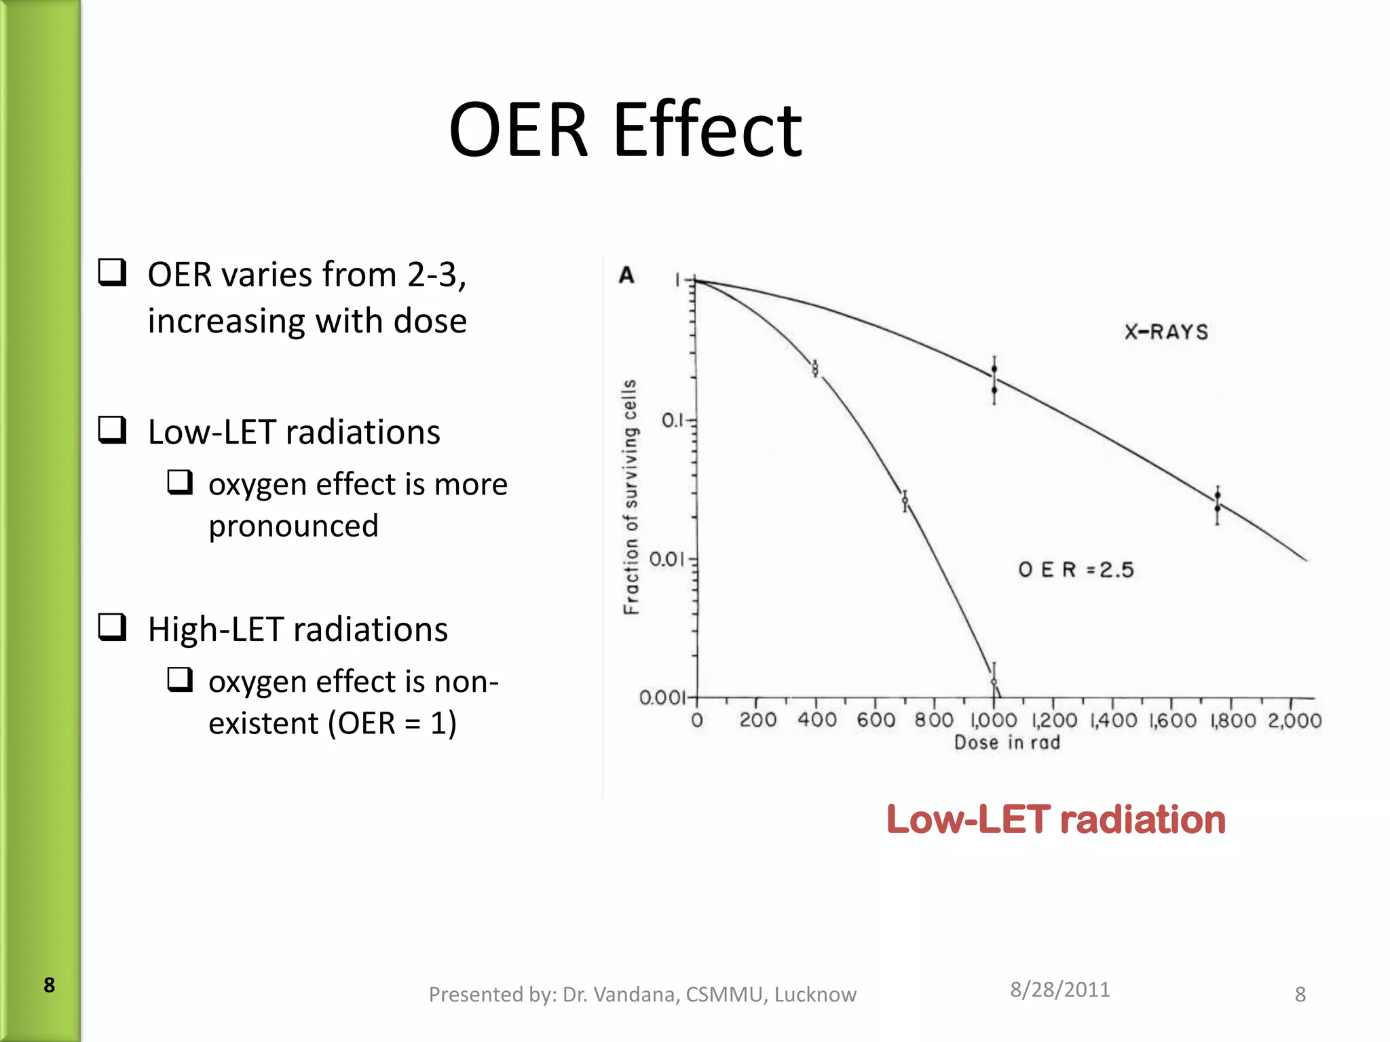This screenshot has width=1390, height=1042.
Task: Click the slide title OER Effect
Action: [x=624, y=130]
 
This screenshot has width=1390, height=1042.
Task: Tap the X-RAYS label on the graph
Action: [x=1166, y=332]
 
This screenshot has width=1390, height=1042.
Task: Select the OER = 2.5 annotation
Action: [x=1076, y=570]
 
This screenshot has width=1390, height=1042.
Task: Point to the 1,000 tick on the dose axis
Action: [x=994, y=720]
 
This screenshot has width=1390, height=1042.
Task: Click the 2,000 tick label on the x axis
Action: [x=1294, y=720]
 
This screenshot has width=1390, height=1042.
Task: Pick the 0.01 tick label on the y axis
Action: [x=667, y=560]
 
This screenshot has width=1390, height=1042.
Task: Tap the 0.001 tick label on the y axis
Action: [x=662, y=698]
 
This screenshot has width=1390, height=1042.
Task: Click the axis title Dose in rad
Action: [x=1007, y=743]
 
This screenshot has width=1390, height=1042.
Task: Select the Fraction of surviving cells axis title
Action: [x=631, y=497]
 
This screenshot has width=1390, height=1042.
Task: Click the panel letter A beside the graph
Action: [x=626, y=275]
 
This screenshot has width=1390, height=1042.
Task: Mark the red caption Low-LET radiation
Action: [x=1056, y=819]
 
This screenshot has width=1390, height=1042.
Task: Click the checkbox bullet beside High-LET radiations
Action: [x=112, y=628]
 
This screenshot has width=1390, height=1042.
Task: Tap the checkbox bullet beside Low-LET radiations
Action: [x=112, y=430]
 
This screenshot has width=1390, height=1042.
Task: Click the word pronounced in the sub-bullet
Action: [x=293, y=526]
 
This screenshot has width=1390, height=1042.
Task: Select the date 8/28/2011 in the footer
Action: [x=1059, y=990]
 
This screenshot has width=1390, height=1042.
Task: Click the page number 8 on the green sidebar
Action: [x=49, y=985]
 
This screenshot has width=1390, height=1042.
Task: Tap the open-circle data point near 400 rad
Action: [x=815, y=368]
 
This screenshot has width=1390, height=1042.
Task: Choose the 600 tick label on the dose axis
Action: [x=876, y=720]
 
